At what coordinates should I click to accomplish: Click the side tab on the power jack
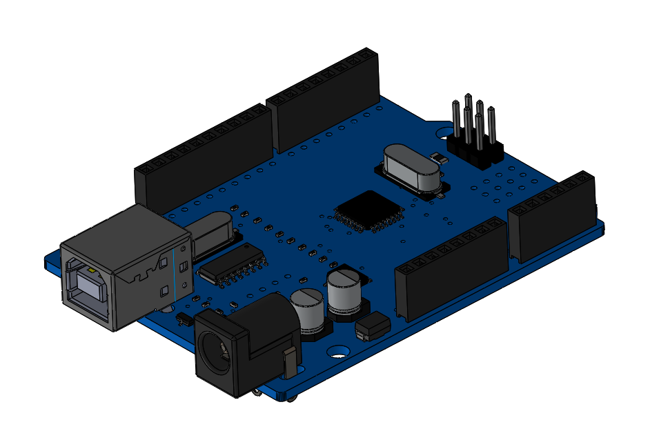290,363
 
